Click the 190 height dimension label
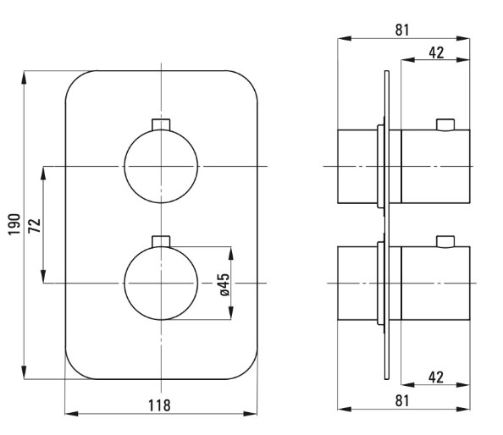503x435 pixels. coord(14,224)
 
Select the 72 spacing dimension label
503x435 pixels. coord(35,225)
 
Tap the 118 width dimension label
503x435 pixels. coord(159,405)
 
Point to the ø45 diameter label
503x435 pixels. coord(224,284)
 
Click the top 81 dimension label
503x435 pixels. coord(402,30)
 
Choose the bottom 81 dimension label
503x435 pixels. coord(402,400)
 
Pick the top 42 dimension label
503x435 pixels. coord(436,52)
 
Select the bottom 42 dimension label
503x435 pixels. coord(436,377)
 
